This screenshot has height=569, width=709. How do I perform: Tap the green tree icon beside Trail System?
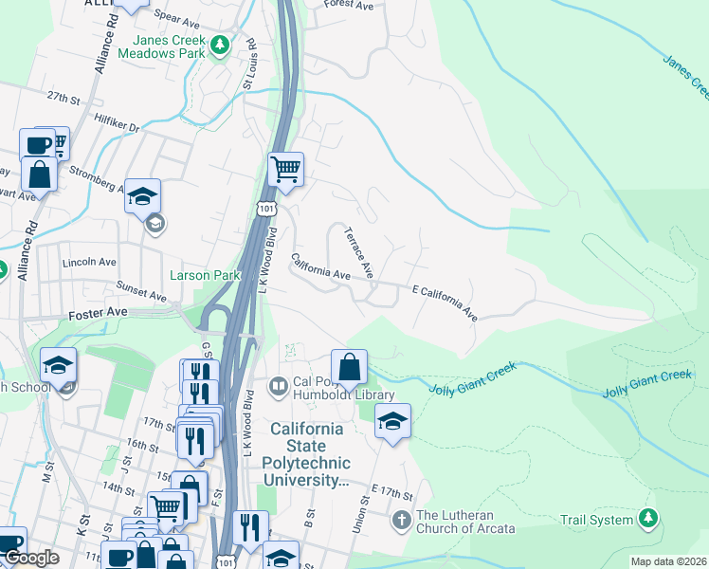click(x=648, y=518)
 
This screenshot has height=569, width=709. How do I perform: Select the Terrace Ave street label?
click(x=359, y=251)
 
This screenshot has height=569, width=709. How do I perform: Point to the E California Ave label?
click(x=444, y=302)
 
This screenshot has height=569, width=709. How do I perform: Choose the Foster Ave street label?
click(x=98, y=311)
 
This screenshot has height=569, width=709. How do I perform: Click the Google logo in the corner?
click(x=31, y=558)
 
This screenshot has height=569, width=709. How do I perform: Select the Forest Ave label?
click(x=348, y=5)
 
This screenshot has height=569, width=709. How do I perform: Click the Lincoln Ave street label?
click(x=88, y=262)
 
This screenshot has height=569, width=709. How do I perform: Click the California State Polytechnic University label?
click(x=310, y=454)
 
